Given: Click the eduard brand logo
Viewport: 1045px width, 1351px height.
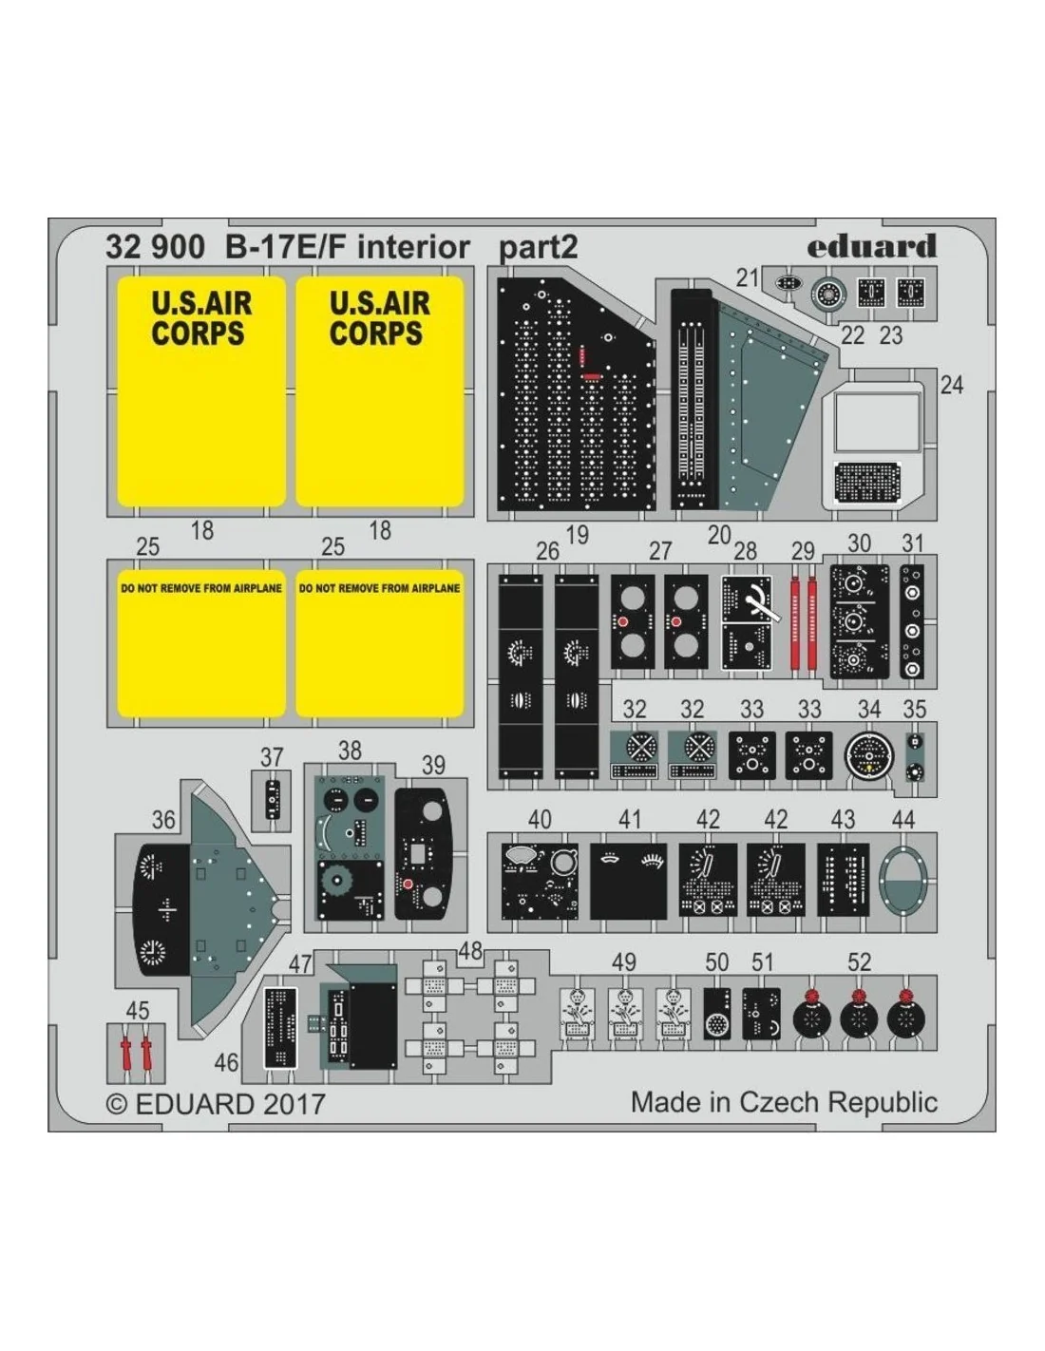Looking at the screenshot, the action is coord(871,246).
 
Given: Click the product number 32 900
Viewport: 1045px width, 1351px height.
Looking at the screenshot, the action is coord(155,247).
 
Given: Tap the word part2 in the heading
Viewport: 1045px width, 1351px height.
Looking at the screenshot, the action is coord(539,248).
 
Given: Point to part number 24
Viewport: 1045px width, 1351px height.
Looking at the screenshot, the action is coord(951,386).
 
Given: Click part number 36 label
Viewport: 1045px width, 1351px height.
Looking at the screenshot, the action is coord(163,820).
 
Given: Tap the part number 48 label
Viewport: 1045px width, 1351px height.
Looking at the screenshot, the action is coord(470,968).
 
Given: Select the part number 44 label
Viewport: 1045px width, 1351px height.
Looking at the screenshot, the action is coord(902,819).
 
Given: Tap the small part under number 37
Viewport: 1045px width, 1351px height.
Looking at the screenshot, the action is coord(273,800).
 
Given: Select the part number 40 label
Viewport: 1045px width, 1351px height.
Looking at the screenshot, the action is coord(539,819).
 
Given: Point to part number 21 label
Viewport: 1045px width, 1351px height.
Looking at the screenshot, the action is coord(748,277).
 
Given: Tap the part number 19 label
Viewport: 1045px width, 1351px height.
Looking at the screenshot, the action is coord(578,535).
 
